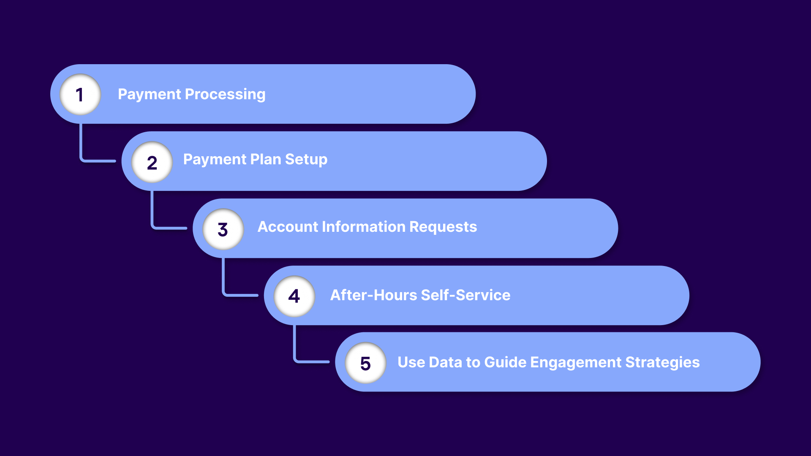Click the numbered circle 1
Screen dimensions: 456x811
click(x=80, y=95)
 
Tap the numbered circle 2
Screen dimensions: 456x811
click(x=152, y=162)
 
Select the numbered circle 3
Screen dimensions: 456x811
click(x=223, y=229)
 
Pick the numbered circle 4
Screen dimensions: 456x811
click(x=294, y=296)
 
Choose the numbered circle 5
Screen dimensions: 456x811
click(x=366, y=363)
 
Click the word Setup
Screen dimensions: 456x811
click(x=306, y=160)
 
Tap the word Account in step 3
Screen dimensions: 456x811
click(x=288, y=227)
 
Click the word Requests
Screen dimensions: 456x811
click(x=443, y=227)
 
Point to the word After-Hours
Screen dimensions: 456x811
click(x=373, y=295)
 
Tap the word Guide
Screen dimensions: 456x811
click(x=505, y=362)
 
